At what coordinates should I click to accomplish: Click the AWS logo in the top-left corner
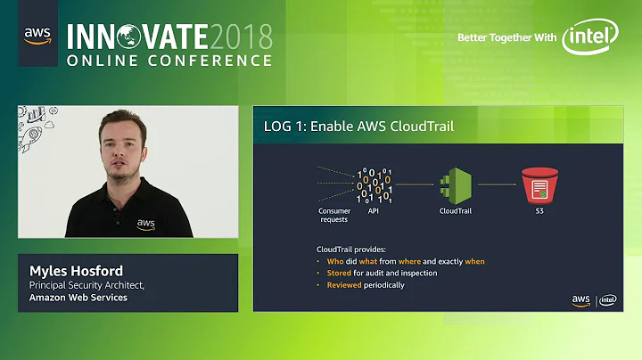pos(37,37)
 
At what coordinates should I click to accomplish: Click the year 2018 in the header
pos(240,36)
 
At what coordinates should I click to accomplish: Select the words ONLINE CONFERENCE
pos(169,61)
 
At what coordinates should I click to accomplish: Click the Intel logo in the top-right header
pos(590,37)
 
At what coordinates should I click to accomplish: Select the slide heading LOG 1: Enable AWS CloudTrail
pos(358,127)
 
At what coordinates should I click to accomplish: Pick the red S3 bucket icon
pos(539,186)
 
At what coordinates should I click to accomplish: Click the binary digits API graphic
pos(374,186)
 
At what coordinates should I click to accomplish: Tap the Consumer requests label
pos(334,215)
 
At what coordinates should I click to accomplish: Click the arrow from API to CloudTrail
pos(416,185)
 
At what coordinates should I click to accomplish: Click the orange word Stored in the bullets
pos(339,273)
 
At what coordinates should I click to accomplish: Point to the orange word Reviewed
pos(344,285)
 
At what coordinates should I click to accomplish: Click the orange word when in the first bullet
pos(474,261)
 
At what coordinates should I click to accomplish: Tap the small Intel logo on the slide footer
pos(608,301)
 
